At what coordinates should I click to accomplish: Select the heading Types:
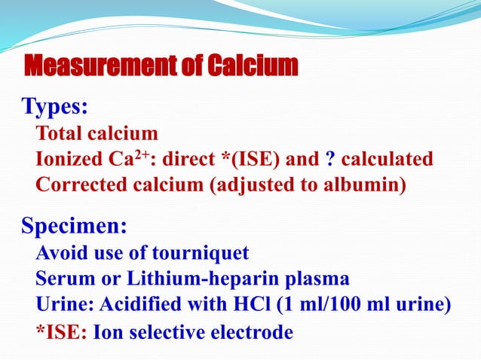tap(54, 107)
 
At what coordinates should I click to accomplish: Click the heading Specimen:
tap(74, 225)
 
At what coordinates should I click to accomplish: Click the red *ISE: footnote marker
tap(61, 332)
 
